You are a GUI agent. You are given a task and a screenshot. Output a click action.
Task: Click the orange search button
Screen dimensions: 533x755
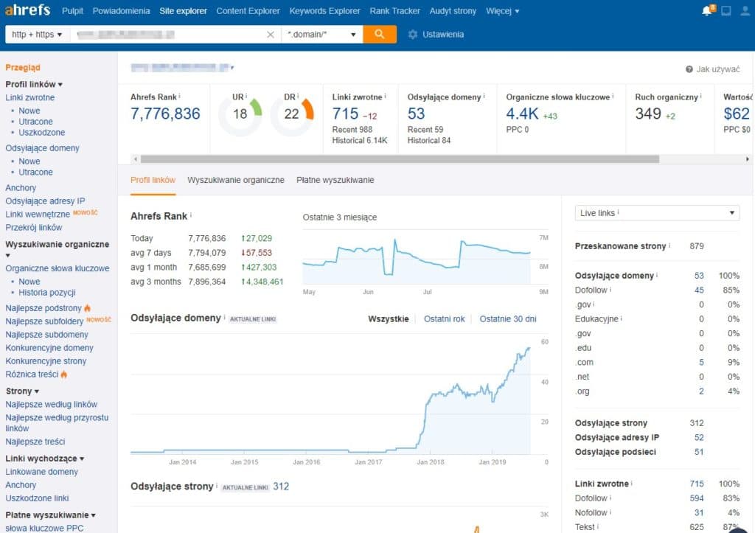379,34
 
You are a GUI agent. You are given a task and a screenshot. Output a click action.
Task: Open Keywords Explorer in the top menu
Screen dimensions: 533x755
324,11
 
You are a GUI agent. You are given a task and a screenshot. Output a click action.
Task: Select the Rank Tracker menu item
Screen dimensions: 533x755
394,11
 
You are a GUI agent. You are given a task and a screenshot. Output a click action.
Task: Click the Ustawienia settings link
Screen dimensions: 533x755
442,35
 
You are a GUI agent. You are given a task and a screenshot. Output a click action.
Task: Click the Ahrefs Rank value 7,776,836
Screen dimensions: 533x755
165,114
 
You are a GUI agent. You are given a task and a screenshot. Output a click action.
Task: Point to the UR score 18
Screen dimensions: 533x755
240,114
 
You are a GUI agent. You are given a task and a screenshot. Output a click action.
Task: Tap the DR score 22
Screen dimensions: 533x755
291,114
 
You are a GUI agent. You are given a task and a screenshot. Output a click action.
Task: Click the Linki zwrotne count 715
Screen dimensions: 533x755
345,114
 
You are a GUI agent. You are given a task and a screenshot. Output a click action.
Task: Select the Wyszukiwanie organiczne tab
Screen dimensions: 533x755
235,180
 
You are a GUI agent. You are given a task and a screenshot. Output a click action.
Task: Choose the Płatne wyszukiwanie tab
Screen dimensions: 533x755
335,180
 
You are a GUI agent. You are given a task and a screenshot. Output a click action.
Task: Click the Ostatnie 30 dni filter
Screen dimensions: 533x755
507,318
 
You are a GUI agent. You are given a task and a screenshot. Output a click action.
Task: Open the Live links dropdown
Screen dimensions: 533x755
656,213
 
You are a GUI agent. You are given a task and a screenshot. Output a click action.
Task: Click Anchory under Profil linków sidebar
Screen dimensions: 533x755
21,188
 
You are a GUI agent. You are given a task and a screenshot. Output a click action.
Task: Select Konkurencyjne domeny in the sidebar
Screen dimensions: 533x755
49,348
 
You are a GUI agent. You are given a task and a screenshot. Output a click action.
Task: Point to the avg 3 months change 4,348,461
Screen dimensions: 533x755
261,282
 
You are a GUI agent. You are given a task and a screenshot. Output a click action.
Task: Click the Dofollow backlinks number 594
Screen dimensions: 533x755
696,498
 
